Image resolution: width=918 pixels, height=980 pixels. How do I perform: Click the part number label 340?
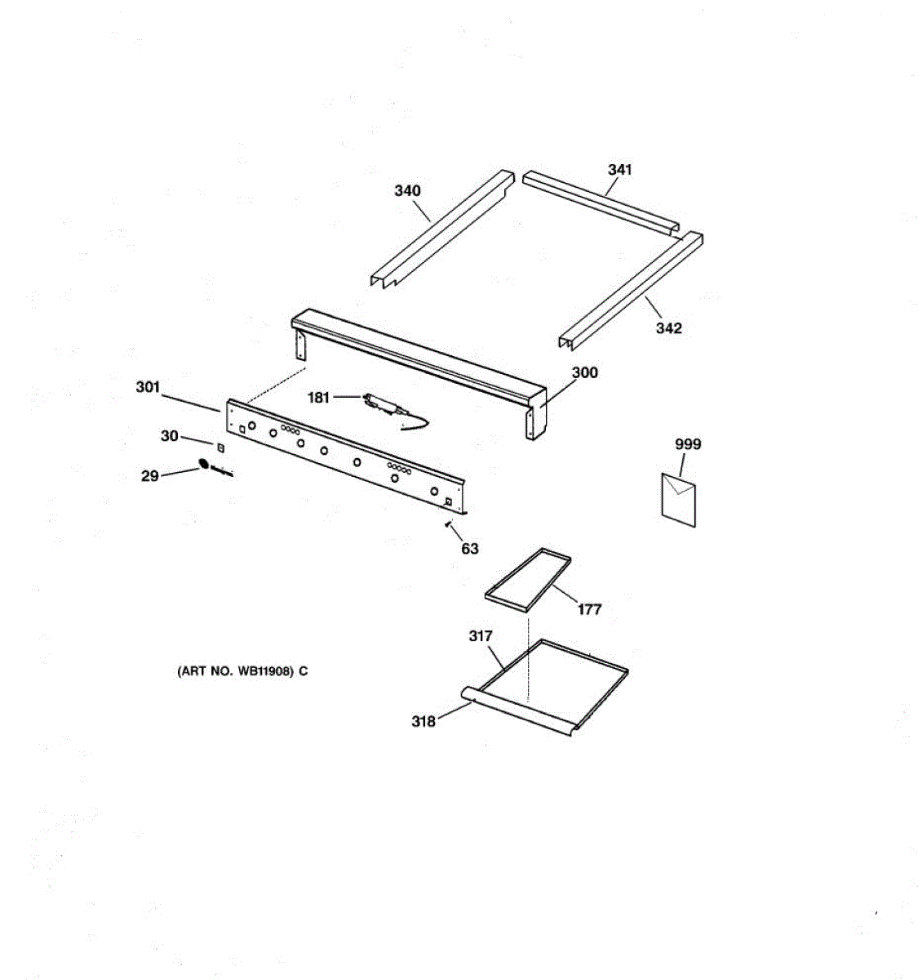pos(407,191)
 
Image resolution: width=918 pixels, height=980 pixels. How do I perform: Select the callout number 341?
pos(619,170)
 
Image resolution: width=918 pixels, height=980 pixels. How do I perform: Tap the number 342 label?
pos(668,328)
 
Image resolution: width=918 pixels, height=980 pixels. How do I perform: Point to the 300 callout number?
pos(584,372)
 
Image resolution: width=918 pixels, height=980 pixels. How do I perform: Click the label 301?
pos(148,387)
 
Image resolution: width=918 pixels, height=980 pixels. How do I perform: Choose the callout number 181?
pos(318,398)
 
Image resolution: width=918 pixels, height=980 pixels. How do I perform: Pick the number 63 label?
pos(470,549)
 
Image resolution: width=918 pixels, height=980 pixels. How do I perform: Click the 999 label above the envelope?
pos(687,444)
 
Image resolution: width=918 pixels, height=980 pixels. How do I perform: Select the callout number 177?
pos(589,609)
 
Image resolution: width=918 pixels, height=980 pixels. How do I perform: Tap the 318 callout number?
pos(423,721)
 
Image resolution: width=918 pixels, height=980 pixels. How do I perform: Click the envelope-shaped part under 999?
pos(678,499)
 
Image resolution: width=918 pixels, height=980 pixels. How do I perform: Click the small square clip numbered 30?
pos(220,447)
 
